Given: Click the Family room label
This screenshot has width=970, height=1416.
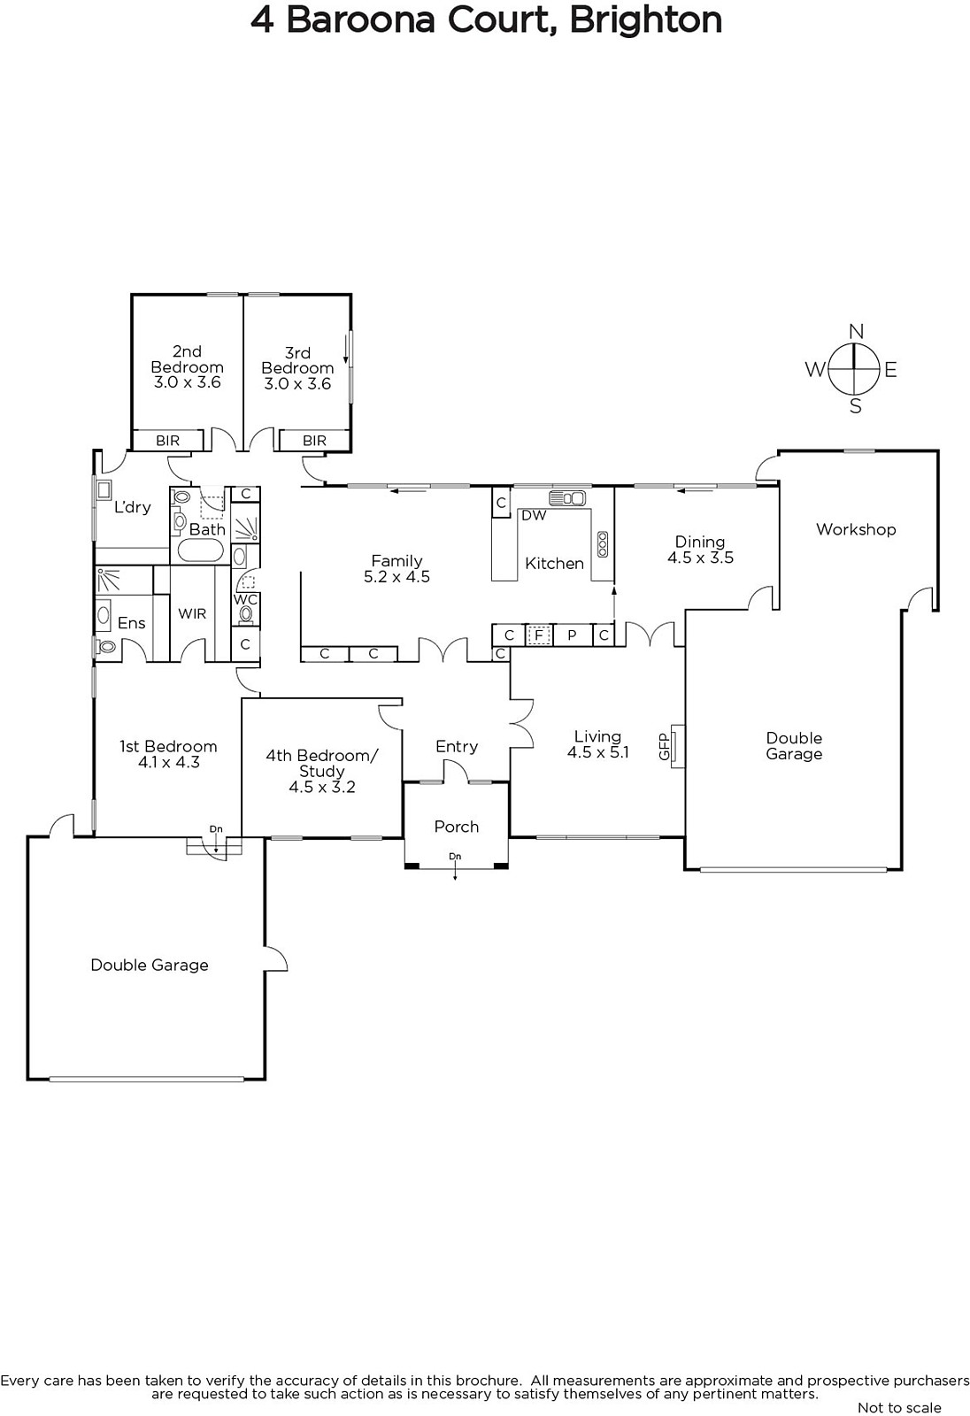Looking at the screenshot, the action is click(396, 561).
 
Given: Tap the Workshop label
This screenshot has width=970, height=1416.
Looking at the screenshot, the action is click(856, 530).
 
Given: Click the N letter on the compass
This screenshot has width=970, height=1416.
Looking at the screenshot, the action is click(856, 331).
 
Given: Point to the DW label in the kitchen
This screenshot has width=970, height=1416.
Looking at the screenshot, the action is click(534, 515).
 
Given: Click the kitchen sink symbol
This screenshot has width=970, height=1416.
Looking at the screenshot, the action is click(567, 498).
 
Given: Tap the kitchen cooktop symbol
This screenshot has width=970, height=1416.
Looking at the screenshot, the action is click(602, 543).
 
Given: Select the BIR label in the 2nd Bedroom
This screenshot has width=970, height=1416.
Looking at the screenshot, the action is click(167, 441).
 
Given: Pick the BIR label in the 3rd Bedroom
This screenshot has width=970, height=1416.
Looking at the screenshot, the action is click(314, 441).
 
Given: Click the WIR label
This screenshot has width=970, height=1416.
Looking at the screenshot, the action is click(192, 614).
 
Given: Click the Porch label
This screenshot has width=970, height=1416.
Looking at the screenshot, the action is click(457, 827).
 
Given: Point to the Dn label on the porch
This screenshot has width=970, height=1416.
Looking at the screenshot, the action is click(455, 857).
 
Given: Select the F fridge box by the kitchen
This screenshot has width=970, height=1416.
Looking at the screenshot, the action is click(539, 635).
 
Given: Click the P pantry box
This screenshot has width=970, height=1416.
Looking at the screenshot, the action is click(573, 635).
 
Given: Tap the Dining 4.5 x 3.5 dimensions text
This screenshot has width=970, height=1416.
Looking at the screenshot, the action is click(701, 558).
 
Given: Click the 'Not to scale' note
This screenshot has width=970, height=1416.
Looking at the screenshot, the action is click(899, 1408).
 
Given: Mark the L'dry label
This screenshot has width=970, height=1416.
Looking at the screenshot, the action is click(132, 507).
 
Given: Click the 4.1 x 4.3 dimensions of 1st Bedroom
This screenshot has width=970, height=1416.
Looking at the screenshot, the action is click(169, 762).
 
